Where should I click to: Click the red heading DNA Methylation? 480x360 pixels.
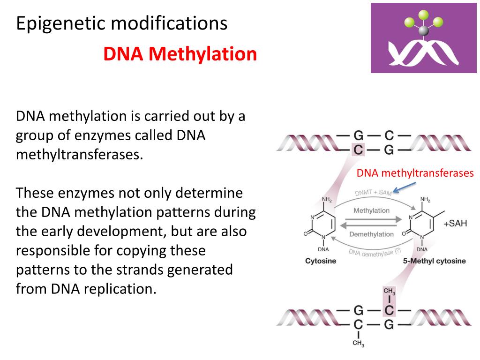click(180, 54)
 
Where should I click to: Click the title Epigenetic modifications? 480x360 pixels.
click(122, 23)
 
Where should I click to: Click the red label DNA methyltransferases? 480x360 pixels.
click(415, 173)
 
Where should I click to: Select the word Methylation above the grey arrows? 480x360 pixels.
click(371, 210)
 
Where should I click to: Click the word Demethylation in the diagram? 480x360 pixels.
click(372, 234)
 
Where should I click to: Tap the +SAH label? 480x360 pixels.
click(455, 223)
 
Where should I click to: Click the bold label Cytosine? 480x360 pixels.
click(321, 261)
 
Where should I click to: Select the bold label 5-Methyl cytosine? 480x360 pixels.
click(434, 261)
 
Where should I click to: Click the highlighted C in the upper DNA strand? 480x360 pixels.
click(358, 150)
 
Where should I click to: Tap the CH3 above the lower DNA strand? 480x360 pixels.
click(389, 292)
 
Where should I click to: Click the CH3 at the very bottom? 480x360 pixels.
click(358, 344)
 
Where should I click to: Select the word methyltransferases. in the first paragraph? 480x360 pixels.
click(79, 154)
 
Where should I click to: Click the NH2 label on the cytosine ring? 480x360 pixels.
click(327, 200)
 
